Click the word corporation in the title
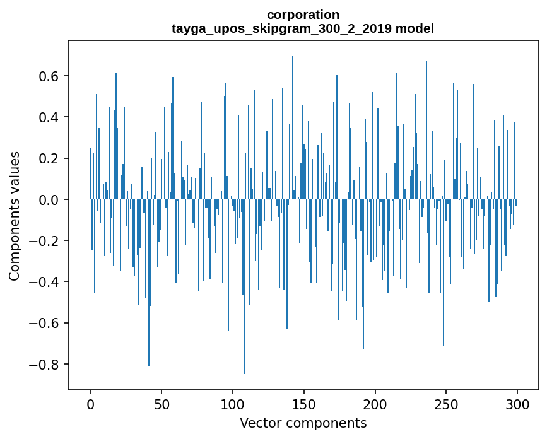[303, 15]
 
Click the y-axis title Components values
[15, 216]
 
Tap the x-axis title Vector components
[303, 423]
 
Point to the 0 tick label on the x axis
[90, 404]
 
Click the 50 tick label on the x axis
[162, 404]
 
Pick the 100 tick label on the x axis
[233, 404]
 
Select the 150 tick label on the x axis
[304, 404]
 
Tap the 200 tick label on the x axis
[375, 404]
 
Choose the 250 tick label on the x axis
[447, 404]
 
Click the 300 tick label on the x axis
[518, 404]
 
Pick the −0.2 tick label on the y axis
[45, 241]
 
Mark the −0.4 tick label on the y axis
[45, 282]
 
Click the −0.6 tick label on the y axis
[45, 323]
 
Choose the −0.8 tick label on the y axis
[45, 365]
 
